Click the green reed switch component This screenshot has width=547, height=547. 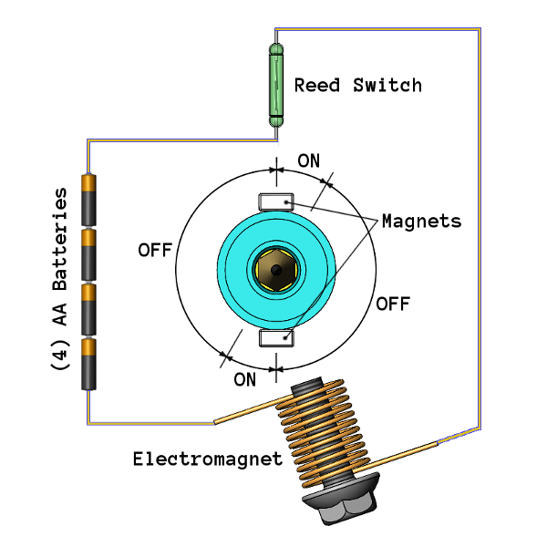click(x=276, y=85)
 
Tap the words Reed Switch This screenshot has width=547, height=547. click(x=357, y=86)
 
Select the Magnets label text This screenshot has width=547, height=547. click(x=420, y=221)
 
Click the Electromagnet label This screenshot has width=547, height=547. click(x=207, y=459)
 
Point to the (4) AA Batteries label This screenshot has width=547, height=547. click(x=60, y=278)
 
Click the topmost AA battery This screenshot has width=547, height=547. click(x=88, y=200)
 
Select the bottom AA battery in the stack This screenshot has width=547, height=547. click(x=88, y=363)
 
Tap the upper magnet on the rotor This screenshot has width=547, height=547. click(x=274, y=201)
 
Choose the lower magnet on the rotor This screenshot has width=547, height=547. click(x=275, y=338)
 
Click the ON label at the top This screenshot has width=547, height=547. click(x=309, y=161)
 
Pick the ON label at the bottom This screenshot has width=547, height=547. click(x=244, y=379)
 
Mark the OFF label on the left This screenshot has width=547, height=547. click(x=155, y=249)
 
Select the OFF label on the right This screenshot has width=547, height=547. click(x=393, y=303)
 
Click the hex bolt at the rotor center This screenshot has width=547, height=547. click(x=274, y=269)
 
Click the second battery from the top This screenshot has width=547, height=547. click(x=88, y=254)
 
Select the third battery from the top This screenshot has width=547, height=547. click(x=88, y=308)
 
